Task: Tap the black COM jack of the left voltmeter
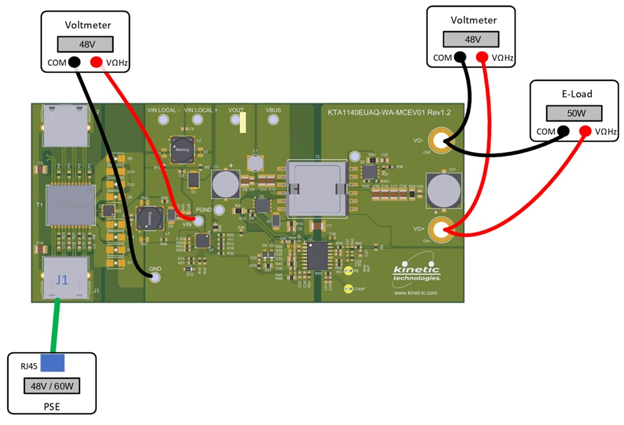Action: [x=74, y=63]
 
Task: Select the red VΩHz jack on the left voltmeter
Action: [x=96, y=63]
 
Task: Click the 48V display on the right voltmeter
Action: [x=471, y=39]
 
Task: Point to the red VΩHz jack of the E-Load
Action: [x=585, y=132]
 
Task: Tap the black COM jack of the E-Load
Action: [x=563, y=132]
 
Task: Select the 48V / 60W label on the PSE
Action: [x=52, y=386]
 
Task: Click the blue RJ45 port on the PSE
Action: [x=52, y=362]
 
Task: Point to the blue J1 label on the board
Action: [x=62, y=280]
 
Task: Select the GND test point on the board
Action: [x=155, y=277]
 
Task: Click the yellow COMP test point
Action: [x=348, y=287]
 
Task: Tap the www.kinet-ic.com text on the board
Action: [x=416, y=293]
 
